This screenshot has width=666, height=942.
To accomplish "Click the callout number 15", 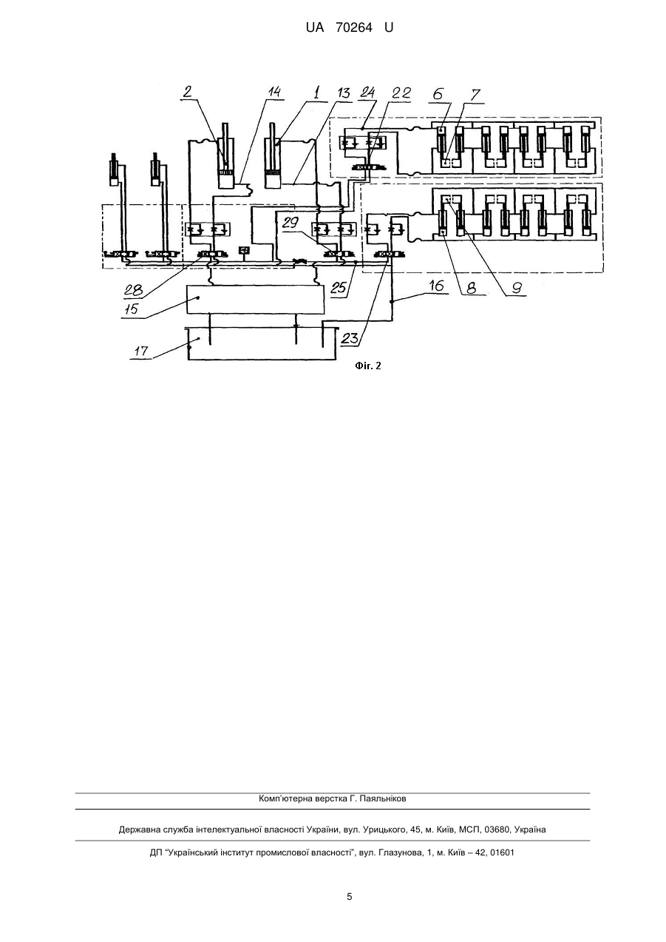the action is [132, 309].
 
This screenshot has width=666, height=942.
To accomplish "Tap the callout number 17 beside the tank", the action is [141, 350].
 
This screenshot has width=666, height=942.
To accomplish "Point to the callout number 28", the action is [133, 290].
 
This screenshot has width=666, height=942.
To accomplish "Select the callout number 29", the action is [290, 223].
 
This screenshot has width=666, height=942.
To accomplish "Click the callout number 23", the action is [350, 338].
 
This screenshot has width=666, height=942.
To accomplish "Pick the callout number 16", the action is [437, 286].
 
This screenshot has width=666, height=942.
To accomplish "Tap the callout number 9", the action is [517, 288].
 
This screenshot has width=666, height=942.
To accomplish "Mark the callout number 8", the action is [471, 288].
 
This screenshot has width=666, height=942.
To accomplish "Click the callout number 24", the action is [367, 92].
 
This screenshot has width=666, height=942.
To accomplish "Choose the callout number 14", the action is [275, 92].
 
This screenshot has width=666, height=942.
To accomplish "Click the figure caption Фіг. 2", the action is [368, 366].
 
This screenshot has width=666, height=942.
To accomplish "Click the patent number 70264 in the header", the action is [354, 28].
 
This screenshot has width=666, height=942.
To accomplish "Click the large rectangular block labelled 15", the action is [256, 300].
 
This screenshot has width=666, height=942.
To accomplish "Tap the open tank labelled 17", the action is [262, 343].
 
